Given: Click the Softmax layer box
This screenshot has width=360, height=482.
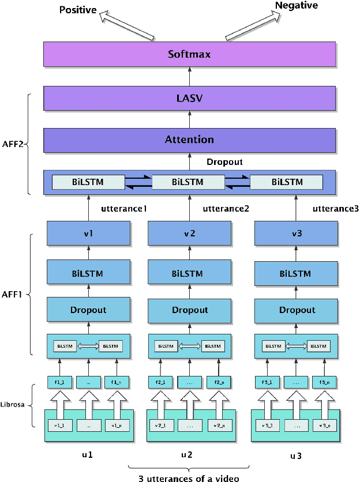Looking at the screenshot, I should click(x=190, y=55).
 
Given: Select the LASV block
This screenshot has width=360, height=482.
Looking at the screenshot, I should click(x=190, y=99).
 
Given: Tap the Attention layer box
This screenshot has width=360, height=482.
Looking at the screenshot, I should click(x=190, y=140).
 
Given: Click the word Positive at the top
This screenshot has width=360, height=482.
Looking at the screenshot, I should click(x=77, y=10).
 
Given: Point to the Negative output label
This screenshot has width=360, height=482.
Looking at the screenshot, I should click(x=296, y=6).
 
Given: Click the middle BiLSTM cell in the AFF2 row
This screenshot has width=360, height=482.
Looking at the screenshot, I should click(x=188, y=182).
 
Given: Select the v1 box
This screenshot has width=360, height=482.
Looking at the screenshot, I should click(x=88, y=234).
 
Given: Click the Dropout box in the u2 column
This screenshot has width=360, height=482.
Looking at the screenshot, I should click(x=190, y=310).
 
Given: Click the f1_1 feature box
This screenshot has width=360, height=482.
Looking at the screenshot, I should click(x=59, y=382).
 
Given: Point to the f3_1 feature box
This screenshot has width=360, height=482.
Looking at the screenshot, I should click(x=267, y=382).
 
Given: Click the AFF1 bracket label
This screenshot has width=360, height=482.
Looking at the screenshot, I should click(x=13, y=293).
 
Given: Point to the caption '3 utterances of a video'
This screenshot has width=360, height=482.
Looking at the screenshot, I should click(x=189, y=477).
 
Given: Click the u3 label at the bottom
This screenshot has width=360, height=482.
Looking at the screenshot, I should click(x=296, y=455).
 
